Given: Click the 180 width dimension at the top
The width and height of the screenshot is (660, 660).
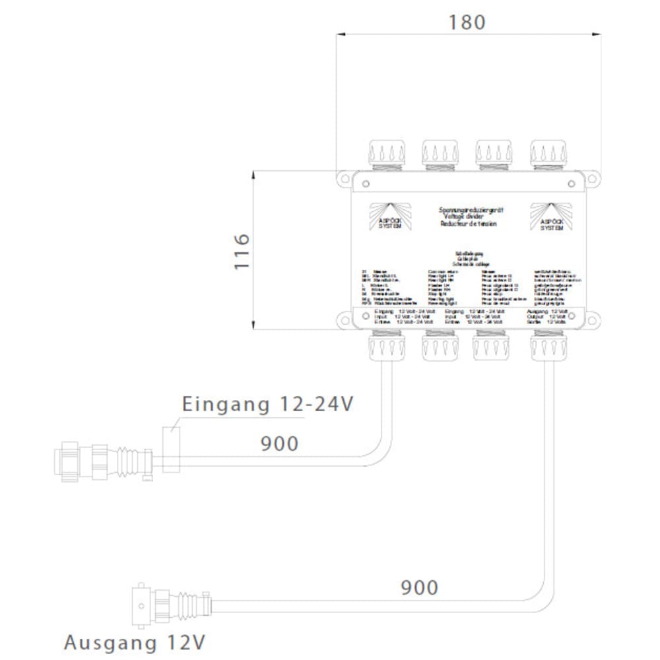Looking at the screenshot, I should click(467, 22).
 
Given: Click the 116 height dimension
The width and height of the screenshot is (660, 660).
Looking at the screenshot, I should click(242, 251).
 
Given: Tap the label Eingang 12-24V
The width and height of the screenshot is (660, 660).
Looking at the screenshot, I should click(268, 404).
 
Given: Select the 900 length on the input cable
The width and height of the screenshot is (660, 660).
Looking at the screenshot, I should click(279, 444).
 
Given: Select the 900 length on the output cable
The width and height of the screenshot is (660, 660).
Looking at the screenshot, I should click(419, 587).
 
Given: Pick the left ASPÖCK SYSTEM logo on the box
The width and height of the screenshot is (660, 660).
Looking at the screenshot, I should click(387, 216).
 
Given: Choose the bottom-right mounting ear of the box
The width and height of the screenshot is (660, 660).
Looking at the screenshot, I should click(593, 321).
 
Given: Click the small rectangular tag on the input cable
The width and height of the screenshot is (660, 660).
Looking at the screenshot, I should click(170, 449).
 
